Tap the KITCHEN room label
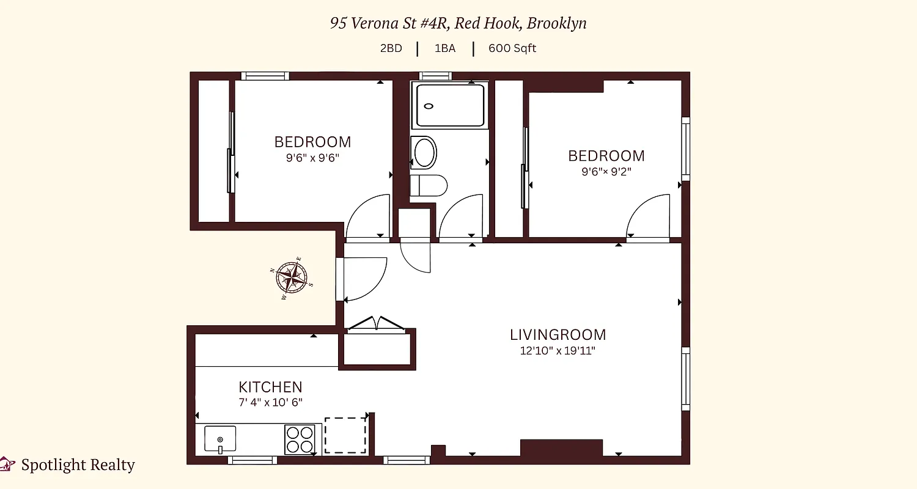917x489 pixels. [x=270, y=387]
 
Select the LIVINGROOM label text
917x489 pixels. [x=558, y=335]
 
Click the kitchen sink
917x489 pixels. [x=219, y=439]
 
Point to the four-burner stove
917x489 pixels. [x=300, y=439]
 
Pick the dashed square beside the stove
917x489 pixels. [x=345, y=435]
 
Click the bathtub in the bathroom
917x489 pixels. [x=450, y=105]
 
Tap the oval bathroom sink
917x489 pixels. [x=424, y=152]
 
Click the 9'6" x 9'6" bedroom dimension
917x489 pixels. [x=312, y=157]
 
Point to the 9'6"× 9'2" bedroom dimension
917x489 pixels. [x=606, y=172]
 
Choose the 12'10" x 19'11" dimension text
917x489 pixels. [x=558, y=351]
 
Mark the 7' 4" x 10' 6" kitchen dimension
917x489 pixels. [x=270, y=402]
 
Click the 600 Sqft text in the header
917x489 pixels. [x=512, y=48]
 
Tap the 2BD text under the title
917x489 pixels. [x=391, y=48]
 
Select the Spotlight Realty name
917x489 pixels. [x=78, y=465]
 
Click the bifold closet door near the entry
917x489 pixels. [x=375, y=325]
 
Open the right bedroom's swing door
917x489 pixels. [x=648, y=217]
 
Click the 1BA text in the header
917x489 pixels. [x=445, y=48]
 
